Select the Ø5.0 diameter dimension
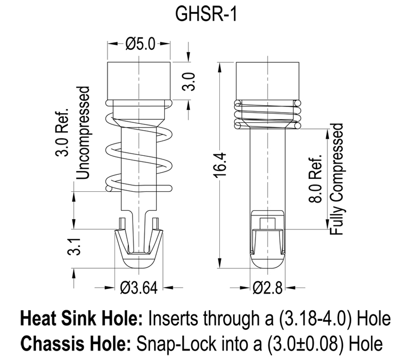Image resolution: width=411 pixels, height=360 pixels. [x=139, y=44]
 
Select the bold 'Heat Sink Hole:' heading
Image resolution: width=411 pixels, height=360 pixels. [x=82, y=318]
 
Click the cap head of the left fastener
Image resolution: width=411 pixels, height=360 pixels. [x=139, y=80]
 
